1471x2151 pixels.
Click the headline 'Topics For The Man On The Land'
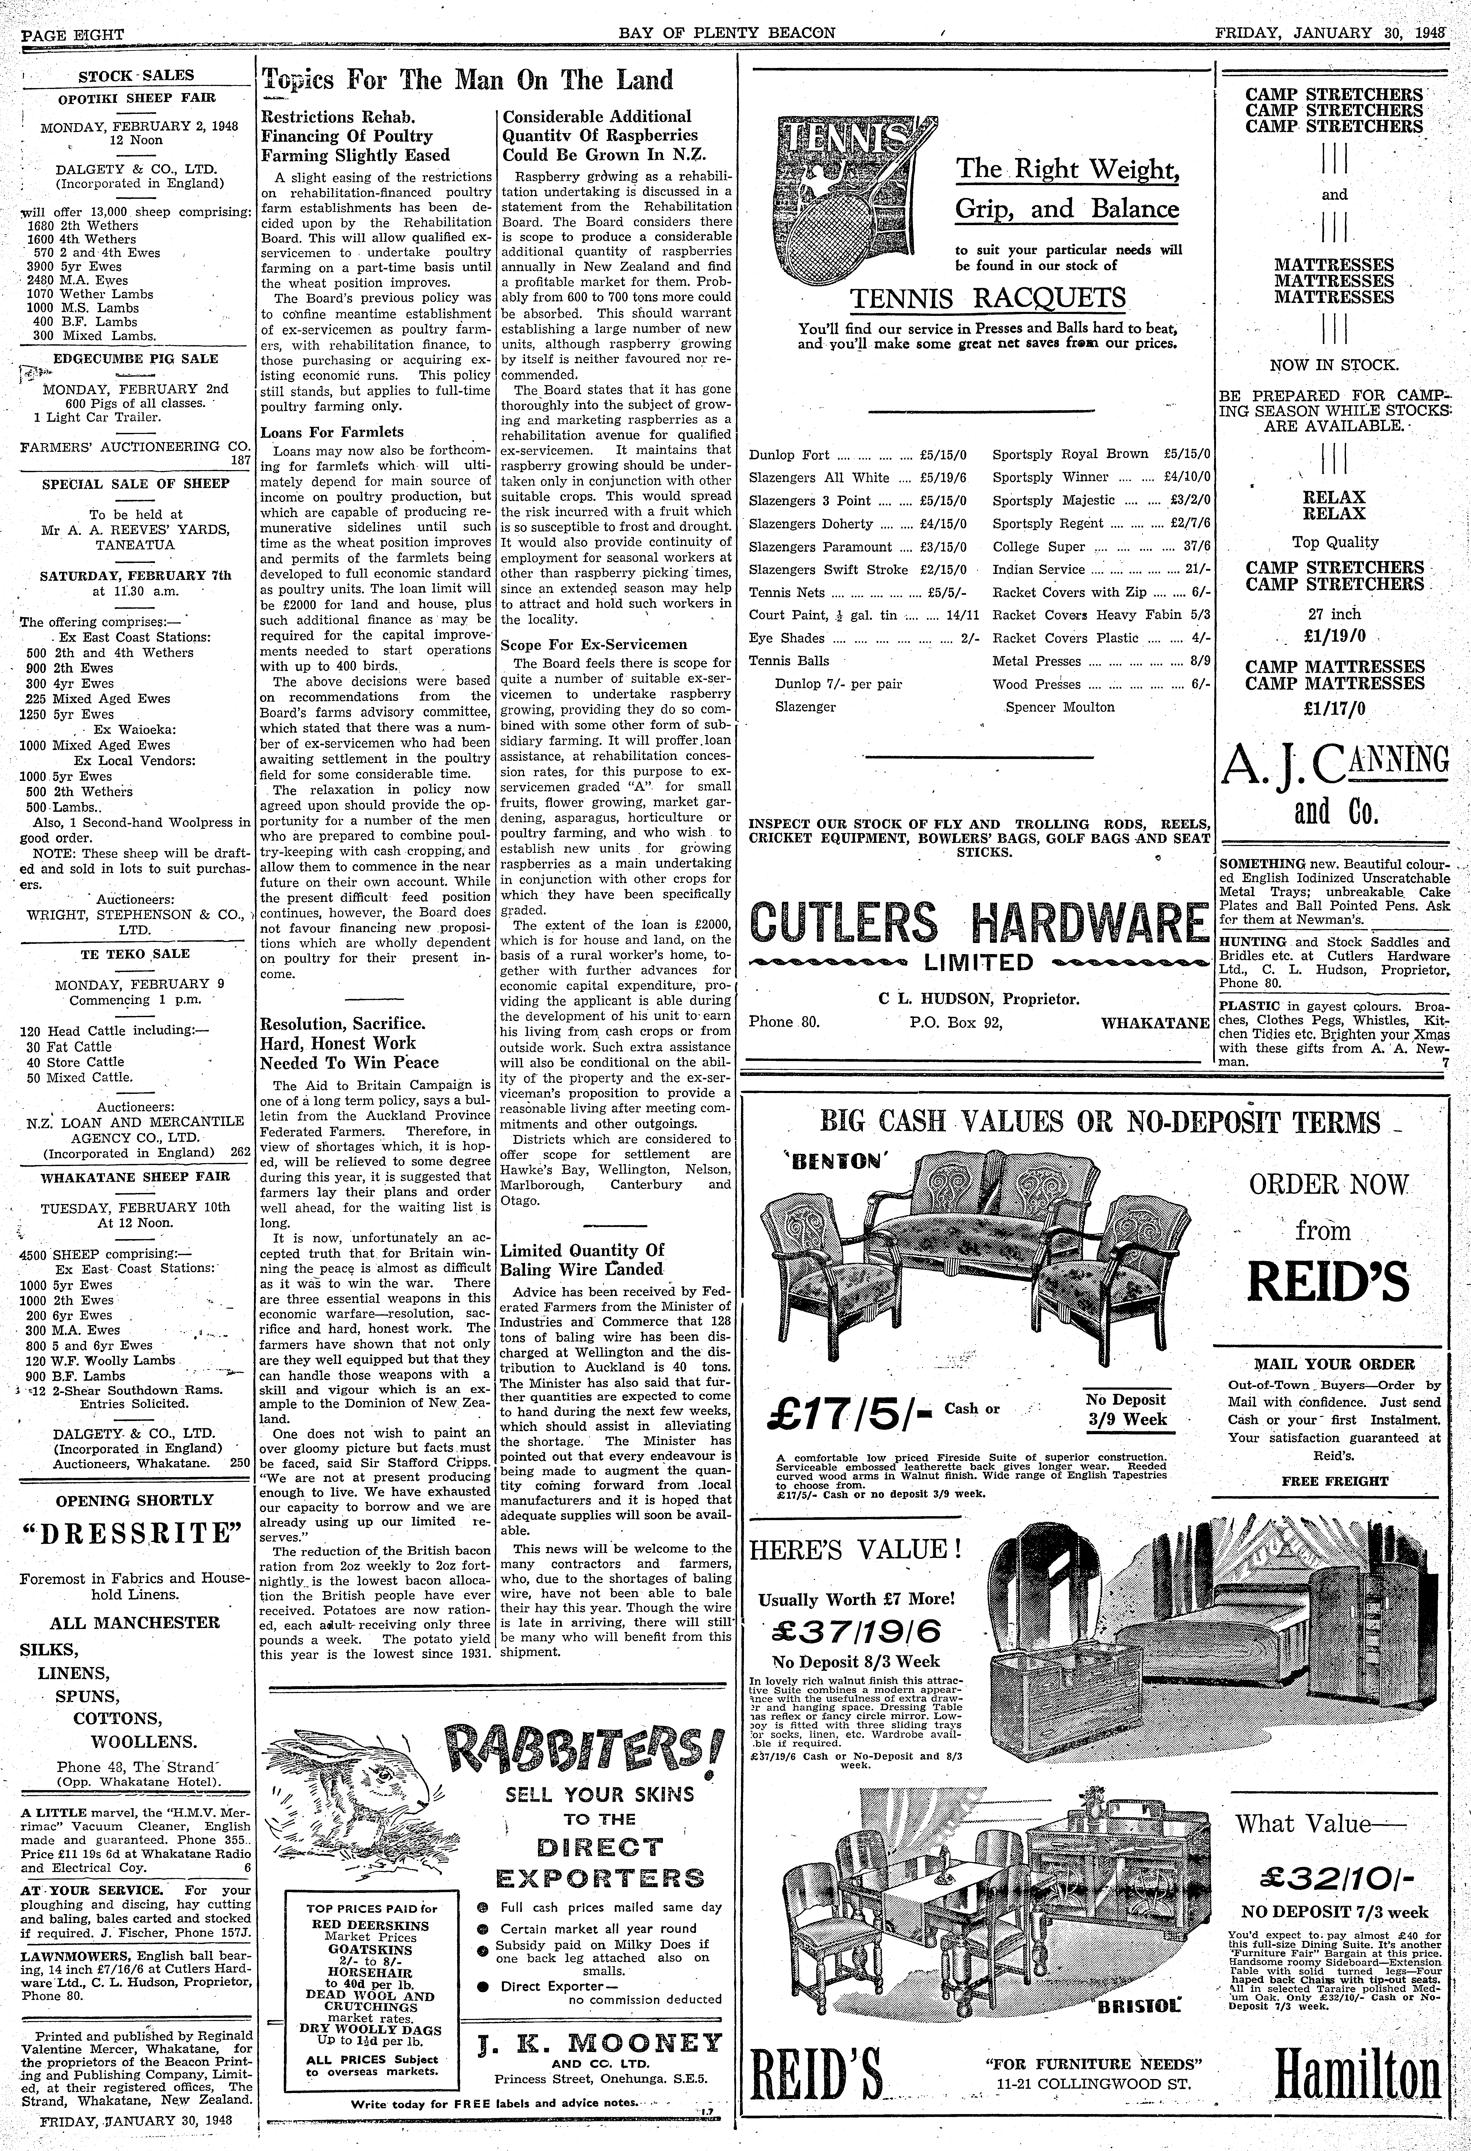click(468, 81)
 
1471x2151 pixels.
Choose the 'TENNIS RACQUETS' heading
click(988, 298)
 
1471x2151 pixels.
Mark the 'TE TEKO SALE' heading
click(135, 953)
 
